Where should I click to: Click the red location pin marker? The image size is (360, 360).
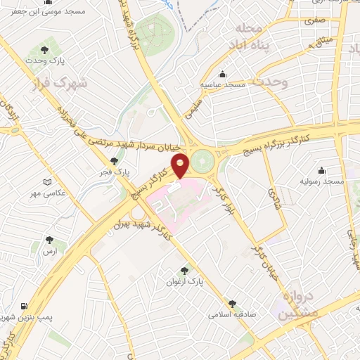(x=181, y=165)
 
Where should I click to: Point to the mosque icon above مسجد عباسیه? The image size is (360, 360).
(x=224, y=75)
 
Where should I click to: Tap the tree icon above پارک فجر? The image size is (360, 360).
(x=104, y=161)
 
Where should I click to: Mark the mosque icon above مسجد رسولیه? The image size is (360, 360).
(x=322, y=170)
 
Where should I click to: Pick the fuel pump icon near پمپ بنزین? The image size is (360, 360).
(x=25, y=307)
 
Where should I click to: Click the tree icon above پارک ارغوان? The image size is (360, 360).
(x=184, y=271)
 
